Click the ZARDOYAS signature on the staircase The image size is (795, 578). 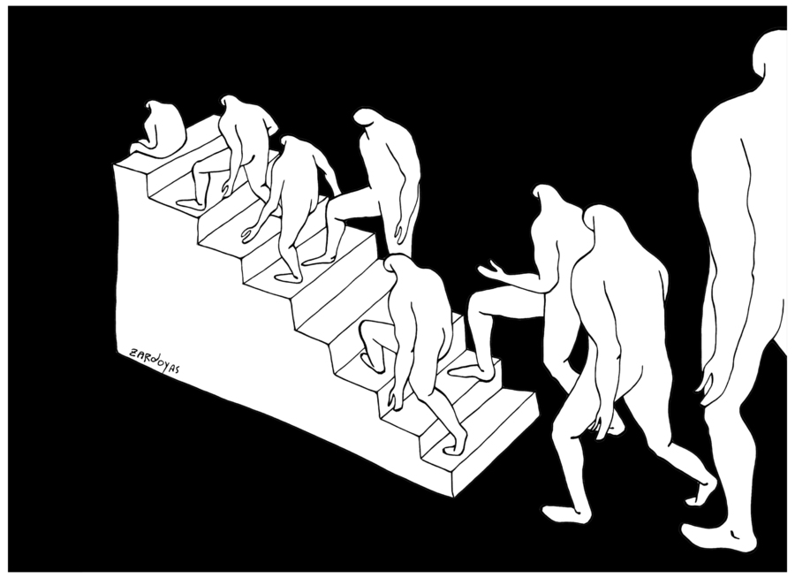tap(155, 361)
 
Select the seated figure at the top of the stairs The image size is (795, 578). tap(158, 129)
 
